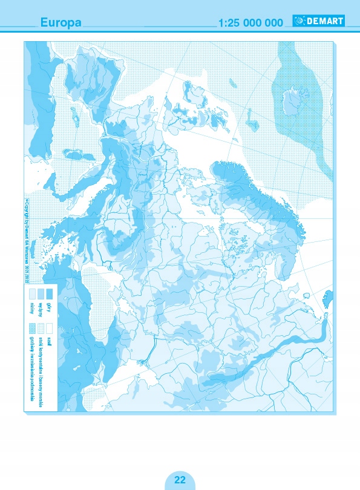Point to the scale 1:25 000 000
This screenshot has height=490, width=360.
(x=250, y=22)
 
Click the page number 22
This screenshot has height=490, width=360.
(x=180, y=480)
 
